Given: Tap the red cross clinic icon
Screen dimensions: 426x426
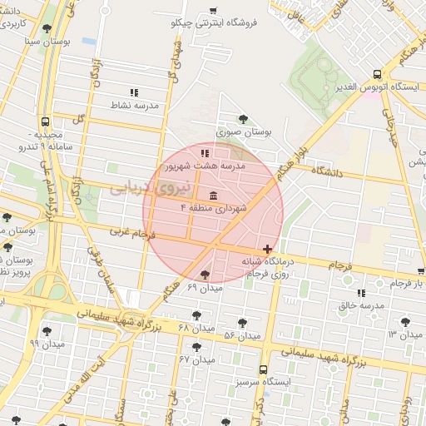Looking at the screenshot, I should tap(266, 249).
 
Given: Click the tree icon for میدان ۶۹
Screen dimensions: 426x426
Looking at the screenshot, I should tap(205, 275).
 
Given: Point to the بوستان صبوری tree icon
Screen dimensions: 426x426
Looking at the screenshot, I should tap(243, 119).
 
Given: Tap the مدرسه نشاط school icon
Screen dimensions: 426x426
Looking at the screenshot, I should tap(134, 93).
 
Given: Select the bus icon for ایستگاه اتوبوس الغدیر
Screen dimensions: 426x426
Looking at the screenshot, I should tap(378, 73).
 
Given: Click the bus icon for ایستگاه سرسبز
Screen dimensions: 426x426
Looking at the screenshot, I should tap(264, 369).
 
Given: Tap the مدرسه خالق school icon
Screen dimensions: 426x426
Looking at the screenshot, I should tap(361, 293).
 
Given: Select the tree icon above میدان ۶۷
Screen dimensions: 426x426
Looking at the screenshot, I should tap(196, 347).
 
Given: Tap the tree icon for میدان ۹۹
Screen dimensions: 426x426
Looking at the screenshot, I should tap(47, 330).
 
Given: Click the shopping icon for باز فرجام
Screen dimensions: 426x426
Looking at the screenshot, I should tap(422, 271).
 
